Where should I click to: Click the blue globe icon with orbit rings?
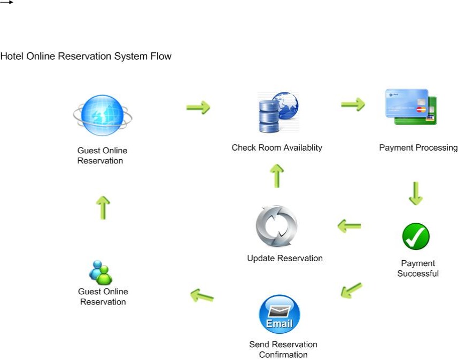pyautogui.click(x=102, y=115)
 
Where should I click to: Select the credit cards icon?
pyautogui.click(x=411, y=107)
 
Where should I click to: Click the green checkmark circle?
pyautogui.click(x=416, y=237)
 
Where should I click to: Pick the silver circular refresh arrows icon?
pyautogui.click(x=276, y=226)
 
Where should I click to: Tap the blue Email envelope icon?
pyautogui.click(x=279, y=314)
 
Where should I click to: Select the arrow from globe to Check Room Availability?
pyautogui.click(x=198, y=108)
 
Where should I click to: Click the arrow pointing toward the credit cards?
pyautogui.click(x=353, y=104)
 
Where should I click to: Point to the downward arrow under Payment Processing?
pyautogui.click(x=416, y=193)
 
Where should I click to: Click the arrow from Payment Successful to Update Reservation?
pyautogui.click(x=349, y=226)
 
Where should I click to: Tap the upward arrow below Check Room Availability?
pyautogui.click(x=276, y=176)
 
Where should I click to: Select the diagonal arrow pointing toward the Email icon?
pyautogui.click(x=351, y=291)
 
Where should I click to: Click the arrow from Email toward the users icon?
pyautogui.click(x=202, y=295)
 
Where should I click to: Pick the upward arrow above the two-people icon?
pyautogui.click(x=103, y=207)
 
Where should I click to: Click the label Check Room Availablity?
pyautogui.click(x=276, y=148)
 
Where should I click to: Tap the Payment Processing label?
pyautogui.click(x=418, y=148)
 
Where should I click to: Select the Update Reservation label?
pyautogui.click(x=284, y=259)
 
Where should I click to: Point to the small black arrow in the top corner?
pyautogui.click(x=6, y=3)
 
